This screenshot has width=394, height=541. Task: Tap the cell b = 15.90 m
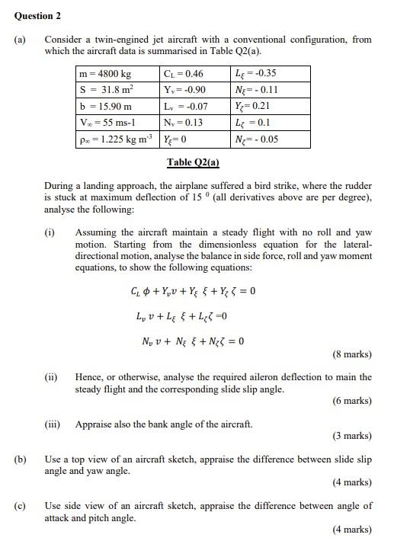tap(106, 107)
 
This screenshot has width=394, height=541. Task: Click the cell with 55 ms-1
tap(107, 123)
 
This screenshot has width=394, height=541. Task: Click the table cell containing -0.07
tap(186, 107)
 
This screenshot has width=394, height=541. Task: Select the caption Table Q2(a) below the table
tap(193, 162)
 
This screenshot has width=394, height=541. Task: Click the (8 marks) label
tap(351, 354)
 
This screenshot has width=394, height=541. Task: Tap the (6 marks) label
tap(351, 402)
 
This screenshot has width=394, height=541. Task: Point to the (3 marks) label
tap(351, 437)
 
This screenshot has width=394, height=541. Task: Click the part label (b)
tap(21, 459)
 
